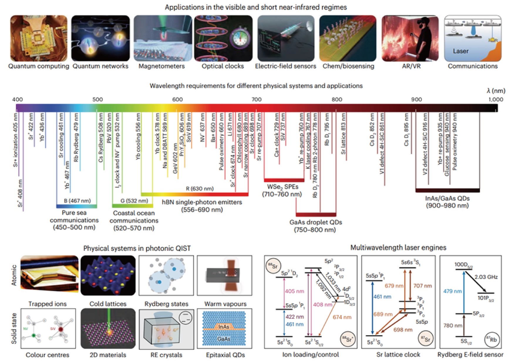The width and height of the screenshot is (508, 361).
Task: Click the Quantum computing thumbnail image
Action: click(x=38, y=38)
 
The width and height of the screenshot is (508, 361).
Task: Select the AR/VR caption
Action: click(x=411, y=66)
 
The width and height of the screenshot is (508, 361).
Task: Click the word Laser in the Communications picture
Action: click(x=460, y=51)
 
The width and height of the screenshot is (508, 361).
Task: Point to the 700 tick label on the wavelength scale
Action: click(x=256, y=99)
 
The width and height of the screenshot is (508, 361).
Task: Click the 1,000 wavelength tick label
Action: click(x=496, y=99)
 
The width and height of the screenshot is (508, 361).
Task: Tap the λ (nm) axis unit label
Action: click(x=496, y=91)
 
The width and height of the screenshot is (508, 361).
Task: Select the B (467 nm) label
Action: click(x=77, y=201)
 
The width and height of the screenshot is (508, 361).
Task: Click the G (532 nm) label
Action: click(x=134, y=201)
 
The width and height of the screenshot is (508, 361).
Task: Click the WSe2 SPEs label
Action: click(x=282, y=187)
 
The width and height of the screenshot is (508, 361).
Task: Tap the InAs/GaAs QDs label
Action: click(x=447, y=198)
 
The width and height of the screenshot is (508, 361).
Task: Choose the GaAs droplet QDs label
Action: click(x=316, y=222)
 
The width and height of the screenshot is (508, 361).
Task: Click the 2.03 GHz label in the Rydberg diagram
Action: click(x=486, y=277)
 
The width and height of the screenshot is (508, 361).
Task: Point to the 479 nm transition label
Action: click(x=453, y=291)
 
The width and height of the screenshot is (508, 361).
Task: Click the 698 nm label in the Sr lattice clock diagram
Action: click(x=403, y=330)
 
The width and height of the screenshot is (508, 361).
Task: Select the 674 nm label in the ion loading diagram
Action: click(x=342, y=317)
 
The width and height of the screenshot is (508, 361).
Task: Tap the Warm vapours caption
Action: click(x=225, y=304)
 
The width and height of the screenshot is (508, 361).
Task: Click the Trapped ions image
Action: click(x=49, y=275)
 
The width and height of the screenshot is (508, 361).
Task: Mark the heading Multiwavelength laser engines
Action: click(x=398, y=248)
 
